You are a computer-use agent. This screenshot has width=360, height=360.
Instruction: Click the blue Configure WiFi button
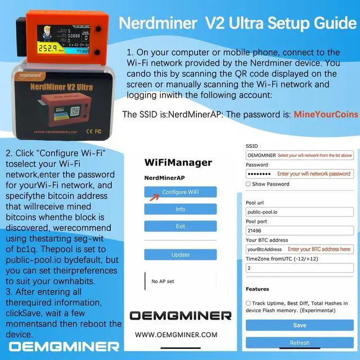coord(180,192)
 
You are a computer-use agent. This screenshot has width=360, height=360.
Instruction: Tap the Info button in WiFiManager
coord(180,209)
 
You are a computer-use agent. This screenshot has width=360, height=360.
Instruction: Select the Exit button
coord(180,226)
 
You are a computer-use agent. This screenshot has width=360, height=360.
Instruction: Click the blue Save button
coord(299,325)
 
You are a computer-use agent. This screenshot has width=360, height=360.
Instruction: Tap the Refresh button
coord(299,343)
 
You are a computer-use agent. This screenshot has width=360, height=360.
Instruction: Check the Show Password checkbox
coord(249,184)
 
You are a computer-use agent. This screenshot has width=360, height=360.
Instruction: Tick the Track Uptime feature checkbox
coord(249,303)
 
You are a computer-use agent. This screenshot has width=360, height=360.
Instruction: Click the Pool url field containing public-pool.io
coord(299,213)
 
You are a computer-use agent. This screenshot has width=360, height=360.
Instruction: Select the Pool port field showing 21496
coord(299,231)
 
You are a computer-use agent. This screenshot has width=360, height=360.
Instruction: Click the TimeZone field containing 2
coord(299,268)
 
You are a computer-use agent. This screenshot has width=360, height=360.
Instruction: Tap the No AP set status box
coord(180,281)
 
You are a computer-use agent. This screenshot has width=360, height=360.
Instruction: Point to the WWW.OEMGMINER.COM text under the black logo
coord(176,334)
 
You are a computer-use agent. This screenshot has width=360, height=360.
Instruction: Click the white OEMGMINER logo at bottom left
coord(64,346)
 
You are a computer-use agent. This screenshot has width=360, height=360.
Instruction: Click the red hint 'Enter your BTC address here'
coord(318,249)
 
